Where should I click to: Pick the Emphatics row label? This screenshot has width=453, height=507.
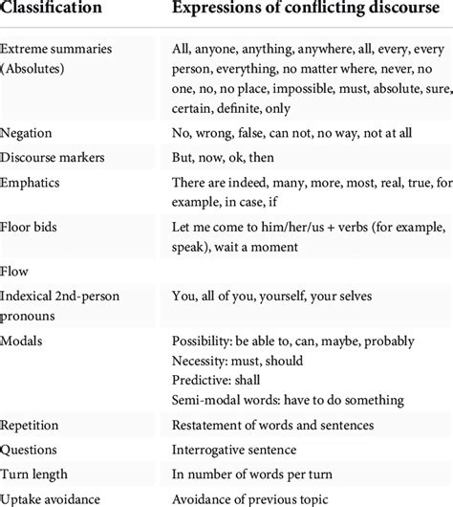click(34, 181)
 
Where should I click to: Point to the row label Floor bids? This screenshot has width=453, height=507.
click(32, 223)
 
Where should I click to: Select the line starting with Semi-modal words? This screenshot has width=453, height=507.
click(288, 399)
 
